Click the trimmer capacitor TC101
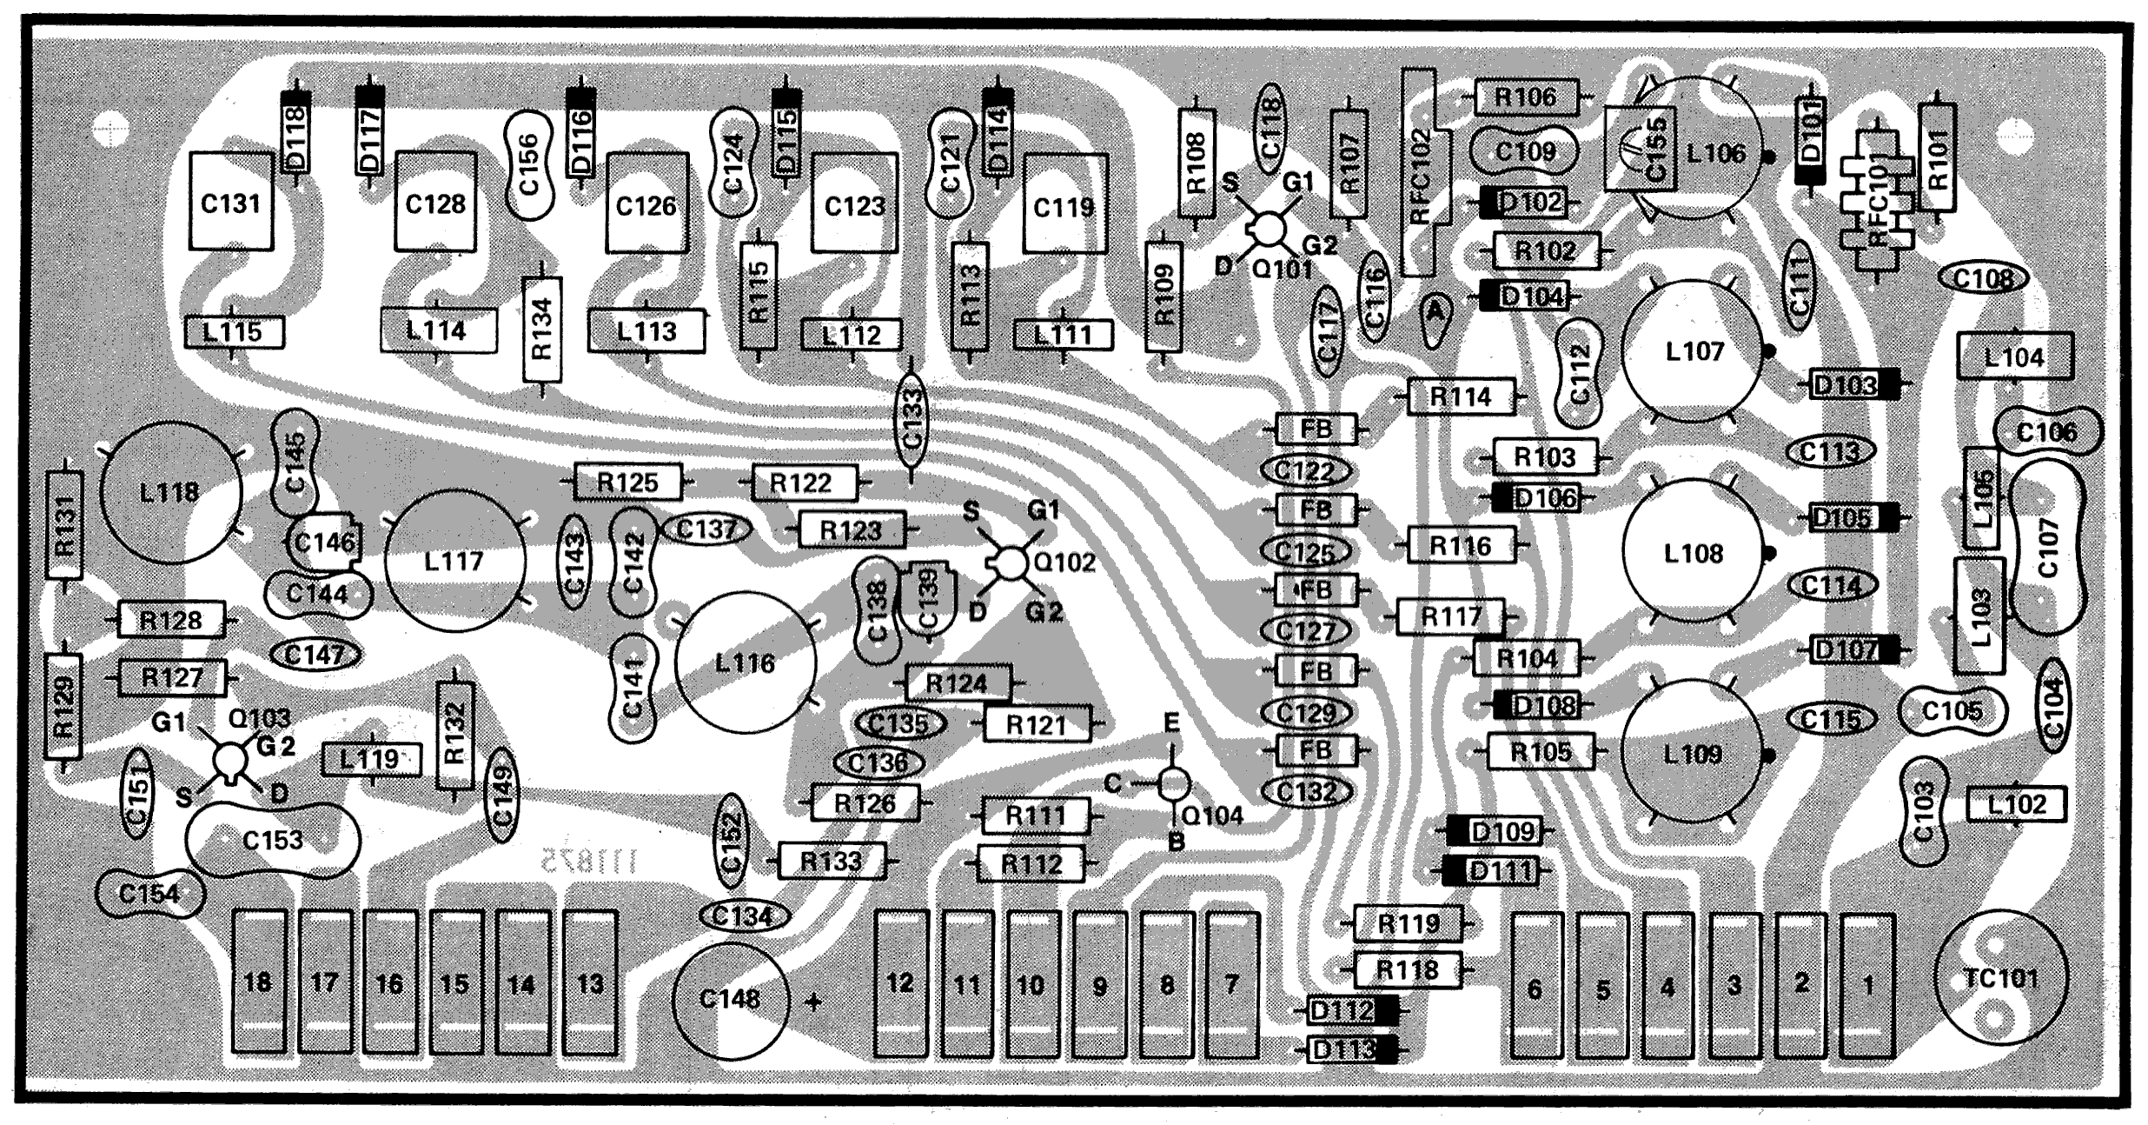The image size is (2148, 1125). (2001, 978)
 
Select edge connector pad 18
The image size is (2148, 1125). (259, 983)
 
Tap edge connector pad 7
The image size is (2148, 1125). (1232, 985)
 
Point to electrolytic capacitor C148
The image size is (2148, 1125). (730, 1000)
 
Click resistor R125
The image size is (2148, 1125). (627, 483)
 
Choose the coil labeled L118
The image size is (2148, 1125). (170, 493)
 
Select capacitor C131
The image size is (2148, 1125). (230, 203)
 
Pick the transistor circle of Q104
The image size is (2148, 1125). (1173, 784)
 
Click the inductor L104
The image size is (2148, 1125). (2014, 356)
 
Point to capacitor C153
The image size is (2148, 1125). (273, 840)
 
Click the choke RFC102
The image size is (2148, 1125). (1420, 174)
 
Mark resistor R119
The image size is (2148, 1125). (1408, 923)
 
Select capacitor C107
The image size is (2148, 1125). (2047, 548)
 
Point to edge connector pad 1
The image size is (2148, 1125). (1867, 985)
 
